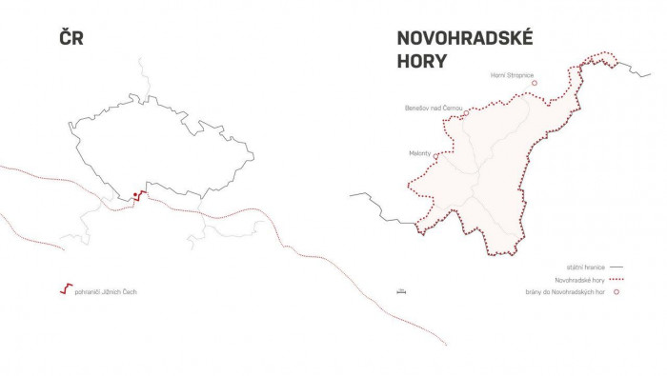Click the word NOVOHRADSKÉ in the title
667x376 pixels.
465,39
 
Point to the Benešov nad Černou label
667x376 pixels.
434,109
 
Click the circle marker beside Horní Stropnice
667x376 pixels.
535,83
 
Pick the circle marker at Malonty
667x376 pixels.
435,154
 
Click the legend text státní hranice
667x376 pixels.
584,267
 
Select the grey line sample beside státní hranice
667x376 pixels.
616,267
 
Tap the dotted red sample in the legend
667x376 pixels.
616,280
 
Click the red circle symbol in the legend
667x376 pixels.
616,292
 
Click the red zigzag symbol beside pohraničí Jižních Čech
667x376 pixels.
65,289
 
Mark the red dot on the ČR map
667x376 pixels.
136,193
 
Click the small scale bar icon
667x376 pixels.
400,291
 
